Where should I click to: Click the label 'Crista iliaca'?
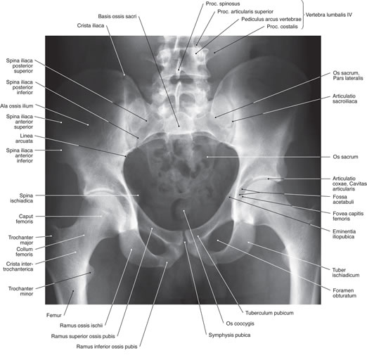click(x=91, y=25)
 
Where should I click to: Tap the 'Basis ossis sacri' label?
click(x=117, y=16)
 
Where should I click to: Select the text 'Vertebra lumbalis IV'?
click(x=329, y=15)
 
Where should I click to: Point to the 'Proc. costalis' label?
click(x=282, y=27)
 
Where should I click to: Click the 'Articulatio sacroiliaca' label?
click(x=345, y=98)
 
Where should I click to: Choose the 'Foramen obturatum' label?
click(x=345, y=293)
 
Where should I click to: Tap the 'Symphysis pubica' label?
click(x=229, y=335)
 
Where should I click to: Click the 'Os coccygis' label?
click(x=240, y=323)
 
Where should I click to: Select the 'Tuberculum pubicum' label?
click(x=269, y=313)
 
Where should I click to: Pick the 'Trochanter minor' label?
click(x=20, y=291)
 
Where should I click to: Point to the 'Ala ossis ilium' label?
click(x=17, y=106)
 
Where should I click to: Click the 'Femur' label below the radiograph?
click(x=54, y=316)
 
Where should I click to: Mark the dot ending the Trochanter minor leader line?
click(x=91, y=273)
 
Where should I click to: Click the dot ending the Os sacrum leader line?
click(x=207, y=157)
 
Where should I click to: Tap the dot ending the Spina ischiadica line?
click(x=138, y=195)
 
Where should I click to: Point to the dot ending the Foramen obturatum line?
click(x=217, y=240)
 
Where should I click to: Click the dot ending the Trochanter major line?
click(x=51, y=236)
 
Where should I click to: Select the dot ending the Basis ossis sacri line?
click(x=179, y=127)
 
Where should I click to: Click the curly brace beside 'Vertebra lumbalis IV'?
click(x=303, y=15)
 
